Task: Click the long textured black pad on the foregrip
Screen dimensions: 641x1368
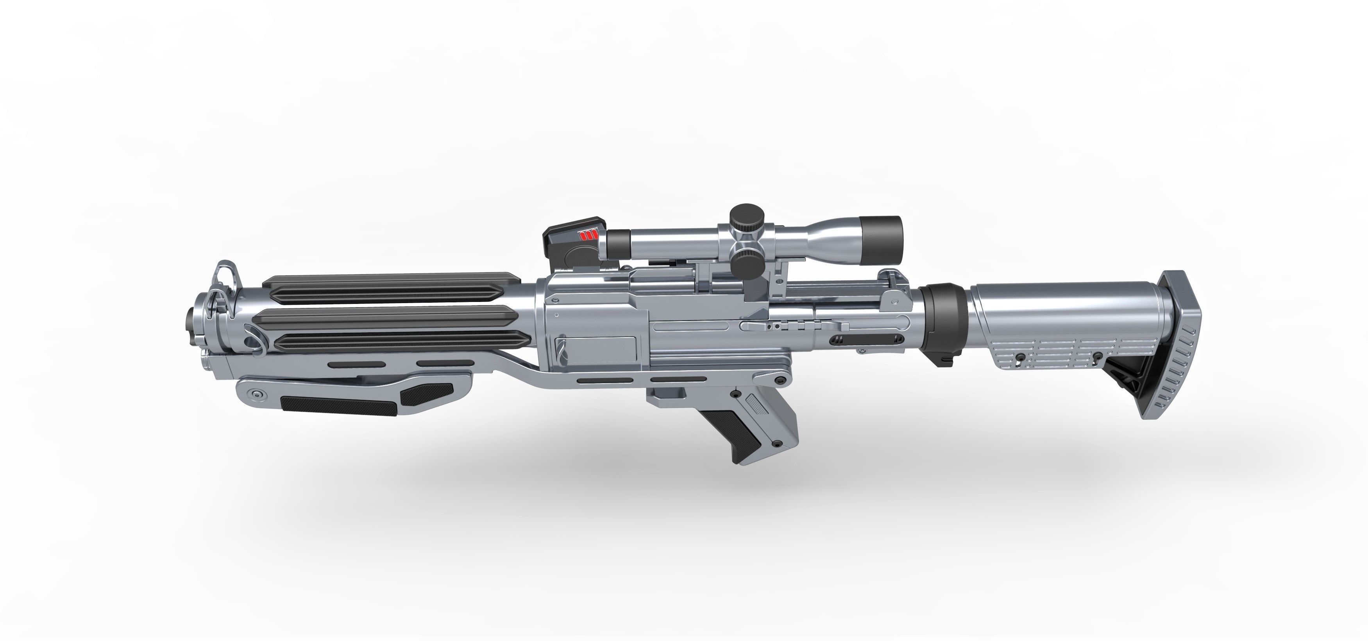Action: coord(338,405)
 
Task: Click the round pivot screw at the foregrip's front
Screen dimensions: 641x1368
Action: coord(258,395)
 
